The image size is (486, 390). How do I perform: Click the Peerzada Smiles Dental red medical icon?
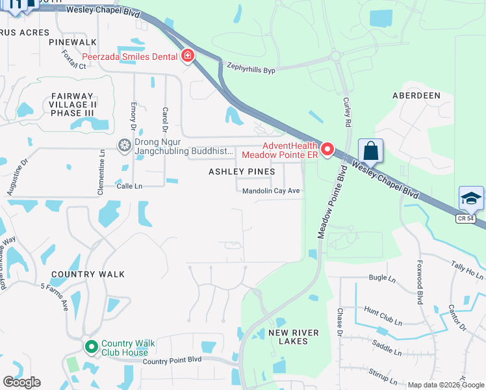point(187,57)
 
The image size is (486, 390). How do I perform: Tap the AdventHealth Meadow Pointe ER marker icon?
point(327,150)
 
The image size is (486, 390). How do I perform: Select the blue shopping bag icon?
point(370,151)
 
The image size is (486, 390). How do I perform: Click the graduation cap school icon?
point(471,199)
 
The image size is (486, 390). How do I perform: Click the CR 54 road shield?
point(465,218)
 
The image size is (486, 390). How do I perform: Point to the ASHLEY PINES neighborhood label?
point(242,172)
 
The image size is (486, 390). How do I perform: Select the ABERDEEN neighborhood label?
point(416,95)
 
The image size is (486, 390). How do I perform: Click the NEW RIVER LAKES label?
point(294,337)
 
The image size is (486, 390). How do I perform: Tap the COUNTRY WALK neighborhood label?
point(88,274)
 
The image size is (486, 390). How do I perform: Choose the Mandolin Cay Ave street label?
point(271,191)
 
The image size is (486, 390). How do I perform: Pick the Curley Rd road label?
point(348,112)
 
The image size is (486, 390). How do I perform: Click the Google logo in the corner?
point(21,382)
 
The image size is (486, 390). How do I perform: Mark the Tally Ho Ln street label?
point(467,270)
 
